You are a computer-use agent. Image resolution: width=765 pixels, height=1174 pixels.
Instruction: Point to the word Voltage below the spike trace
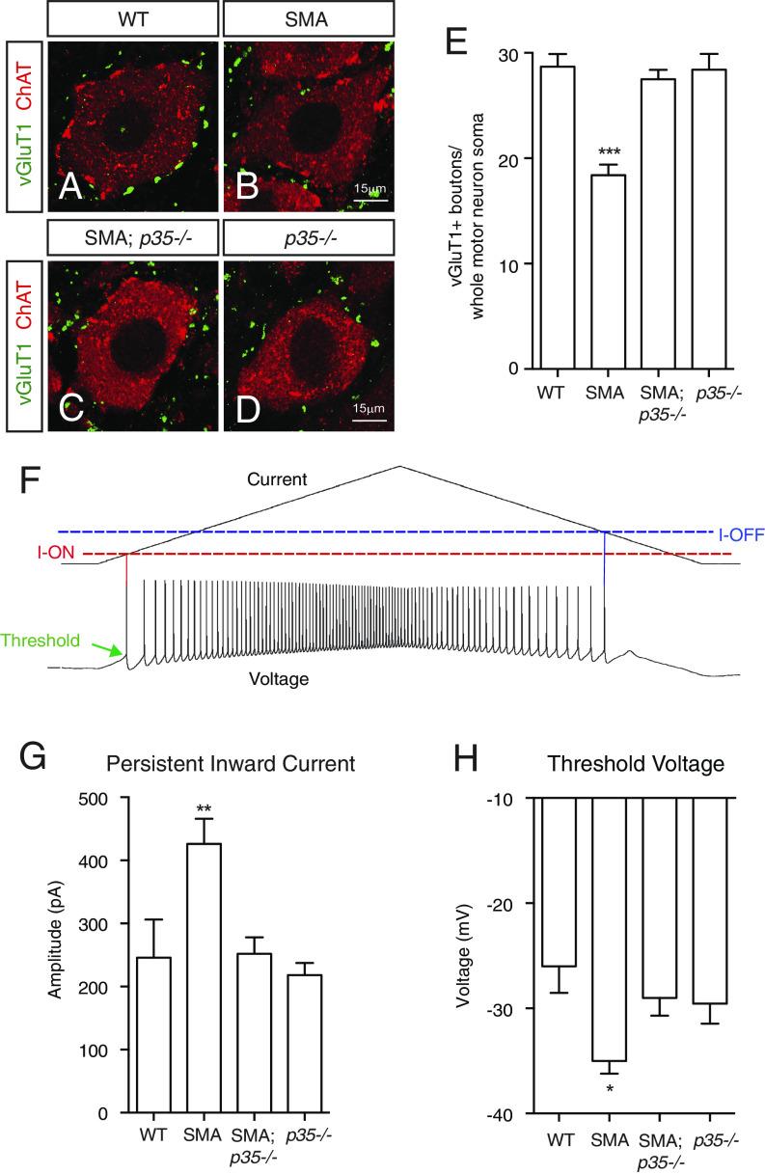275,679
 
